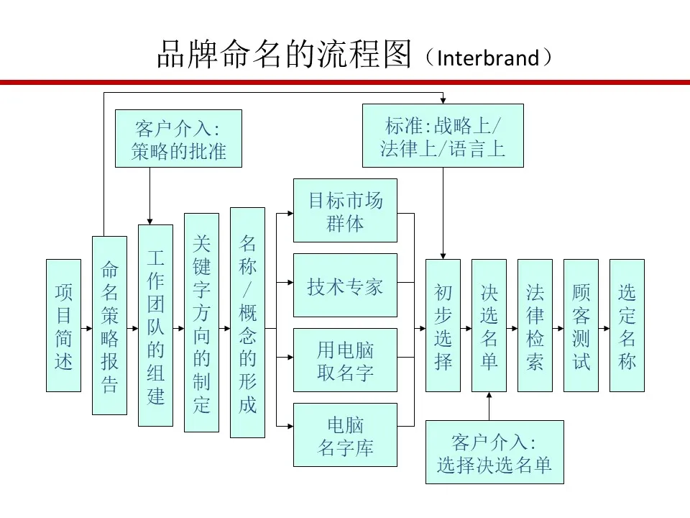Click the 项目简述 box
coord(64,325)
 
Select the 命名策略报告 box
coord(109,325)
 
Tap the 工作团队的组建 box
coord(156,325)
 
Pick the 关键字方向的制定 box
coord(201,323)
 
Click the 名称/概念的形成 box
coord(248,322)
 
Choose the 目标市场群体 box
coord(346,211)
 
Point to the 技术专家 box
coord(346,286)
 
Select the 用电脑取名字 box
coord(346,360)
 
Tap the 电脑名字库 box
coord(346,435)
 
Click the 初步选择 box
coord(443,325)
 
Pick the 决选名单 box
coord(489,325)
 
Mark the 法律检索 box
coord(535,325)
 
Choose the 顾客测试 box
coord(581,325)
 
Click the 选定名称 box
coord(627,325)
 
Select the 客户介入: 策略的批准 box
coord(179,138)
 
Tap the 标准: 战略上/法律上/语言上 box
coord(443,136)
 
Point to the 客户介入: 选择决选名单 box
coord(494,452)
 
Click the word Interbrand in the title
coord(488,58)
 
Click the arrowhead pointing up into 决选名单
coord(489,395)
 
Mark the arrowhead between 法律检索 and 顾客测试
coord(561,329)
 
